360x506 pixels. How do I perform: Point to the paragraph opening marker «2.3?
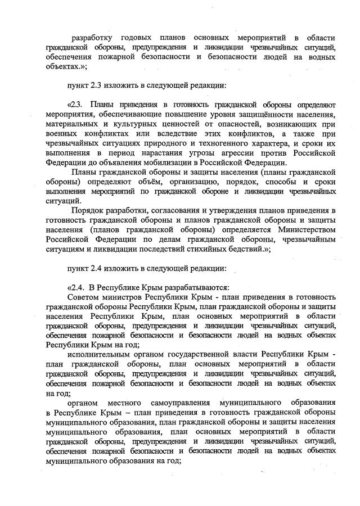coord(76,105)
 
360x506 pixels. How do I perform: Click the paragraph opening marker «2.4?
coord(76,287)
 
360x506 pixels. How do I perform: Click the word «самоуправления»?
coord(178,403)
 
